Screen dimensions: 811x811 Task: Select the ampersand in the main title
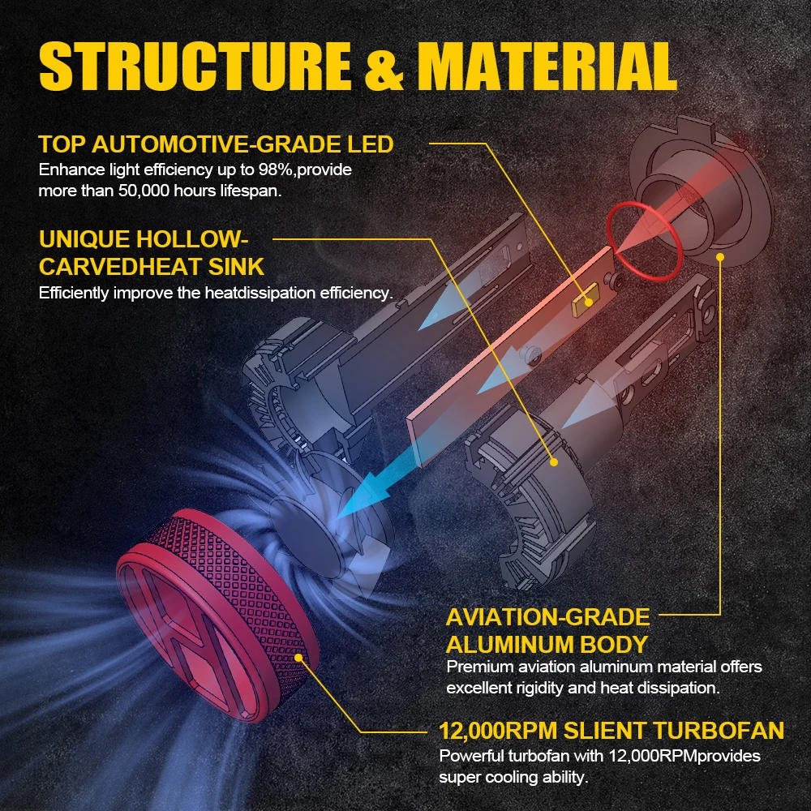click(x=384, y=67)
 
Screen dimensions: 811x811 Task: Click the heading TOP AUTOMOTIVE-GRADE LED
click(x=216, y=145)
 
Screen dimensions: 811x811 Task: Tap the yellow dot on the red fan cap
click(x=301, y=659)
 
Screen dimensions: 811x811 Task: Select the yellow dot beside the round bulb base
click(x=719, y=257)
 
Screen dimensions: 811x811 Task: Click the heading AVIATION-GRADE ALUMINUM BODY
click(x=547, y=630)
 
